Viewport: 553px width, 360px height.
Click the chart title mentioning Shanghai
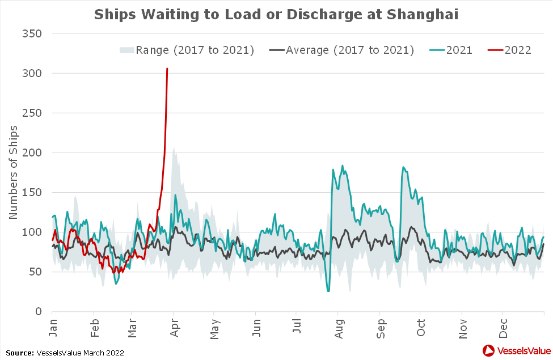click(276, 14)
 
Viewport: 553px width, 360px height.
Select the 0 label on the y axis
click(39, 311)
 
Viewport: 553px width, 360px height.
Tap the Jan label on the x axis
click(53, 329)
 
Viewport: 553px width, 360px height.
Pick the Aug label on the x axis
click(338, 329)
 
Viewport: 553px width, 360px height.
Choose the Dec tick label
click(503, 329)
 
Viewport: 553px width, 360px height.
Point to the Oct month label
click(420, 329)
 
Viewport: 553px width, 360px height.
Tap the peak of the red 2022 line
click(167, 69)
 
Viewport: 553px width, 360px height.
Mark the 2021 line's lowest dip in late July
click(328, 291)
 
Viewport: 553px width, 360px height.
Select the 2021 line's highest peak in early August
click(343, 166)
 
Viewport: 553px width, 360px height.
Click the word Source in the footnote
click(20, 353)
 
